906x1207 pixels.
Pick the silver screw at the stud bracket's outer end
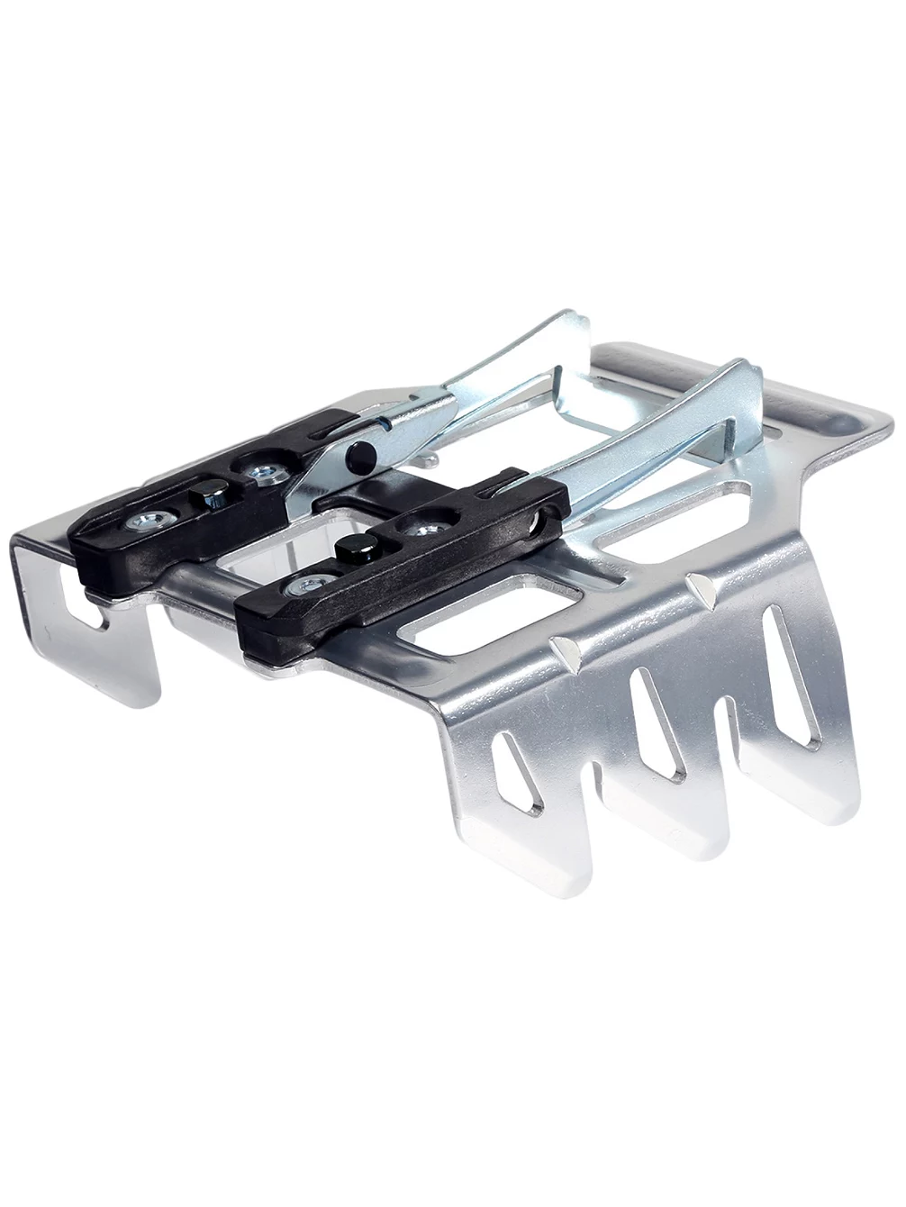tap(294, 586)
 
